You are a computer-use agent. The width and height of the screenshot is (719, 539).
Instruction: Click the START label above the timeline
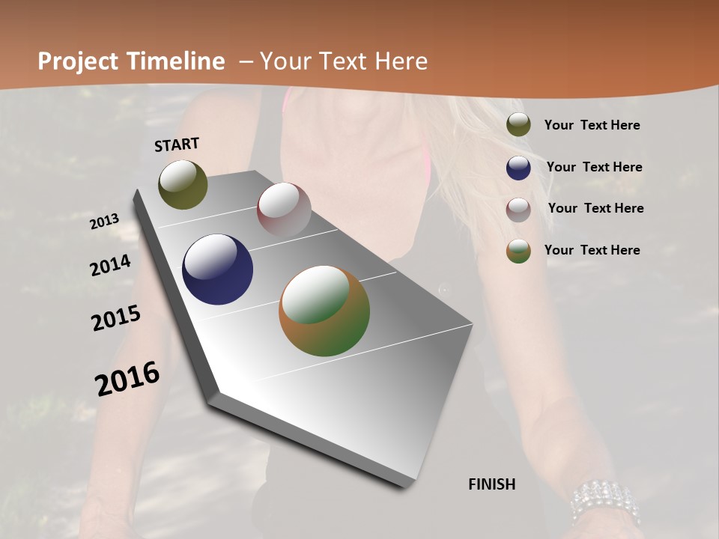pyautogui.click(x=177, y=144)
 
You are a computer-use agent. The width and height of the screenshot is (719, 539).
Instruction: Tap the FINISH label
pyautogui.click(x=491, y=484)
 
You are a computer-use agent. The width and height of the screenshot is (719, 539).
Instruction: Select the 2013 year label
pyautogui.click(x=104, y=222)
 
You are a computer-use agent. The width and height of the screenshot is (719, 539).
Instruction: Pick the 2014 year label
pyautogui.click(x=110, y=266)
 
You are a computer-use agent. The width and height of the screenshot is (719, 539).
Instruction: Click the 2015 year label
pyautogui.click(x=115, y=318)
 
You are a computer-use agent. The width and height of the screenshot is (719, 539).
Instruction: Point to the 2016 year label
pyautogui.click(x=127, y=379)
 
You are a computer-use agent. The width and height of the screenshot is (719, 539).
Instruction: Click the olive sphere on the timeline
pyautogui.click(x=183, y=184)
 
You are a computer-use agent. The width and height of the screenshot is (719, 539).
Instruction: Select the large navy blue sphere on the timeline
pyautogui.click(x=217, y=269)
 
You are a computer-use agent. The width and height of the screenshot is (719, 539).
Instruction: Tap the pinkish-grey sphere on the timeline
pyautogui.click(x=284, y=210)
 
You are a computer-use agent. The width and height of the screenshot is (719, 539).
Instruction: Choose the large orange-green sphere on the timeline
pyautogui.click(x=324, y=311)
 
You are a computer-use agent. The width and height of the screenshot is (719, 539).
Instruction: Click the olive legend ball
pyautogui.click(x=518, y=124)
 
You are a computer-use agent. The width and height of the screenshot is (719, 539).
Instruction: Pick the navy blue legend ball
pyautogui.click(x=518, y=168)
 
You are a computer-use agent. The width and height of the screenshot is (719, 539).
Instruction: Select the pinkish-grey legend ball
pyautogui.click(x=518, y=210)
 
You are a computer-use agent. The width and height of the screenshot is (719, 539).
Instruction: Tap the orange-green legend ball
pyautogui.click(x=518, y=251)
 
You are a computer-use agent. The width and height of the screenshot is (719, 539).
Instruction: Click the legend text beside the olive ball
pyautogui.click(x=592, y=125)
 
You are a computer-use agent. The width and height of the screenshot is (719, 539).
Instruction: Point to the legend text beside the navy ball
pyautogui.click(x=594, y=167)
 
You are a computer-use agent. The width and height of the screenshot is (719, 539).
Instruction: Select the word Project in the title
pyautogui.click(x=77, y=61)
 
